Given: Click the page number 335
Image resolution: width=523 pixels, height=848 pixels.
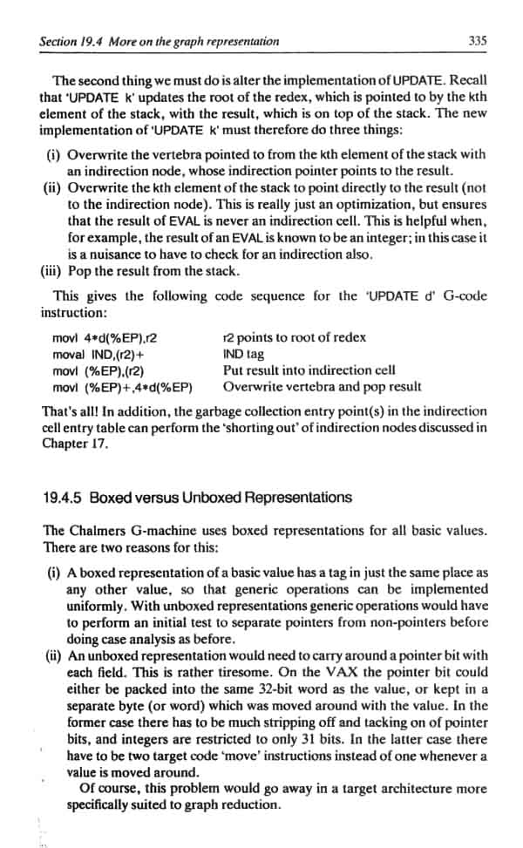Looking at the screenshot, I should click(x=477, y=41).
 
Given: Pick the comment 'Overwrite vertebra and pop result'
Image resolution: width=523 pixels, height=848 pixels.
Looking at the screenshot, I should click(x=323, y=386).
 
